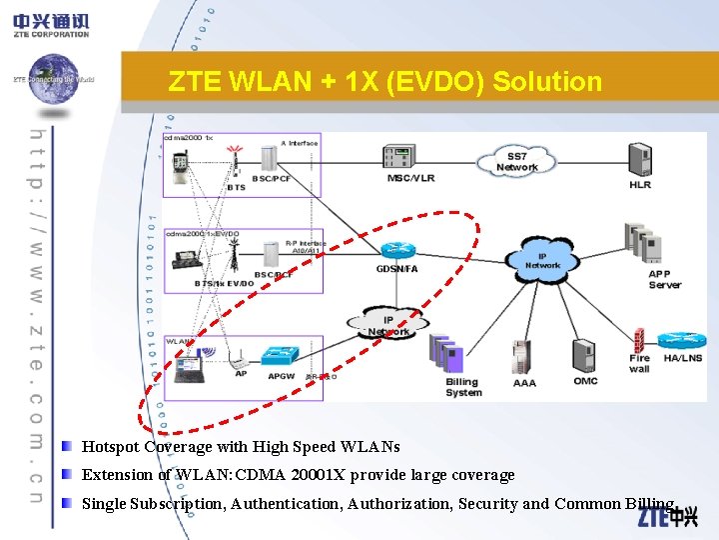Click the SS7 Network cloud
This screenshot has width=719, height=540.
click(x=516, y=161)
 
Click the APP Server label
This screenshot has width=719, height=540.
click(x=664, y=279)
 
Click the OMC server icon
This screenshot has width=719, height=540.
click(x=585, y=356)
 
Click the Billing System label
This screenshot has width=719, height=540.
click(x=462, y=387)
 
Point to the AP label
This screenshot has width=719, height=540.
click(x=241, y=374)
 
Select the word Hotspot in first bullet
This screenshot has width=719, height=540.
click(x=110, y=447)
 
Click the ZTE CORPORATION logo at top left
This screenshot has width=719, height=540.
click(x=51, y=24)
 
